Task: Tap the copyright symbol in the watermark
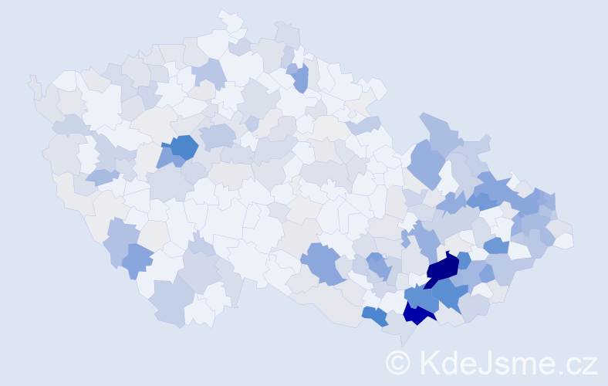[398, 362]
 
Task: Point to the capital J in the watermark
[487, 362]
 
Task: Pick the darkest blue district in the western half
[184, 147]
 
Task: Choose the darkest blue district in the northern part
[300, 77]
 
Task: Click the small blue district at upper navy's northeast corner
[464, 260]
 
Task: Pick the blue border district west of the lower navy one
[375, 315]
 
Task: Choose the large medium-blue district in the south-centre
[323, 262]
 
